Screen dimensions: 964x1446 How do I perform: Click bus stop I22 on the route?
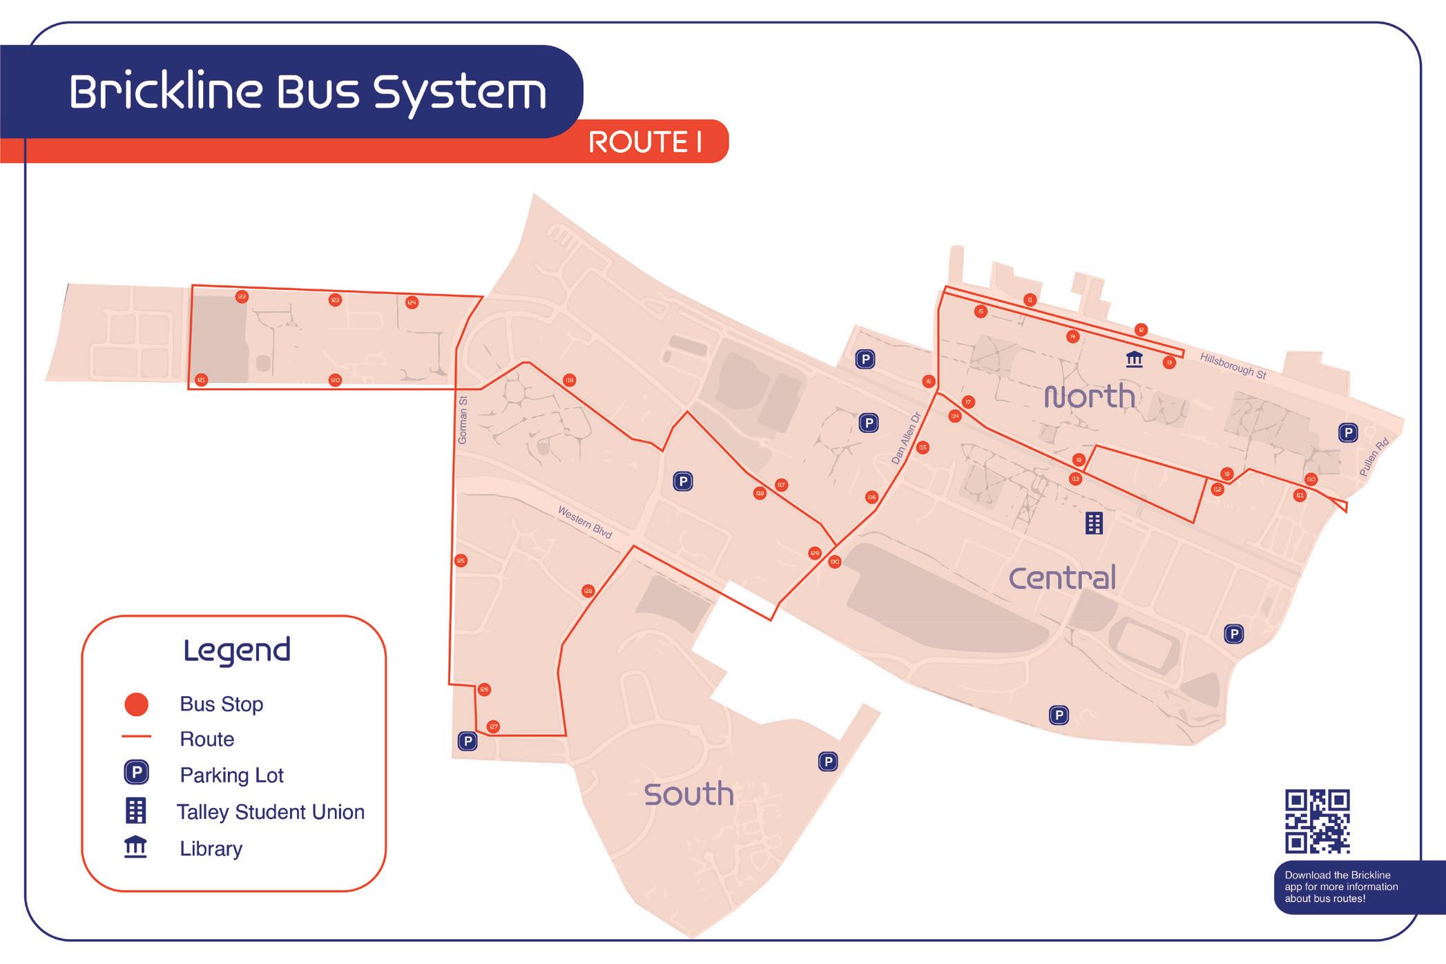click(x=242, y=297)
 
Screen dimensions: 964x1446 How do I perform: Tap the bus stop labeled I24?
click(x=412, y=302)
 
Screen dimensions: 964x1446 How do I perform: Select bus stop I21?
click(x=201, y=380)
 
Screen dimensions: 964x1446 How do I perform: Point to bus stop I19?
click(x=569, y=380)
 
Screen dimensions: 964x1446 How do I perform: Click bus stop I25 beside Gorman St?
click(x=461, y=561)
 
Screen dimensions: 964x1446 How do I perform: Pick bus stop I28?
click(x=588, y=591)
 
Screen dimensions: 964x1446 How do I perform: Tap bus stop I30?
click(x=835, y=562)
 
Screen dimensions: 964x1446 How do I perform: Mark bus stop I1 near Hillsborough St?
click(x=1030, y=300)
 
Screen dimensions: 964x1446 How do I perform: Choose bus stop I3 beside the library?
click(x=1169, y=363)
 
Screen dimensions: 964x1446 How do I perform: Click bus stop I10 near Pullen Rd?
click(x=1311, y=479)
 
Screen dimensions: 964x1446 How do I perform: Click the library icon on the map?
click(x=1134, y=359)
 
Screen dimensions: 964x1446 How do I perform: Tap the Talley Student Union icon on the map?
click(x=1094, y=523)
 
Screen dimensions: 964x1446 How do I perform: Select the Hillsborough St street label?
click(x=1233, y=365)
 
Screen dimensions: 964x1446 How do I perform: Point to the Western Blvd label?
click(x=585, y=522)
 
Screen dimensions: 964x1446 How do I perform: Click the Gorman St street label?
click(x=463, y=420)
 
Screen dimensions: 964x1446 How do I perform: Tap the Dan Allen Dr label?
click(x=906, y=438)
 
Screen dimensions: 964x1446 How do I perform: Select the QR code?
click(x=1317, y=821)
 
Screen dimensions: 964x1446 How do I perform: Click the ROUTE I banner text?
click(x=645, y=142)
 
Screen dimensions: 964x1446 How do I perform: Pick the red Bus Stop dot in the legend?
click(x=136, y=704)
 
